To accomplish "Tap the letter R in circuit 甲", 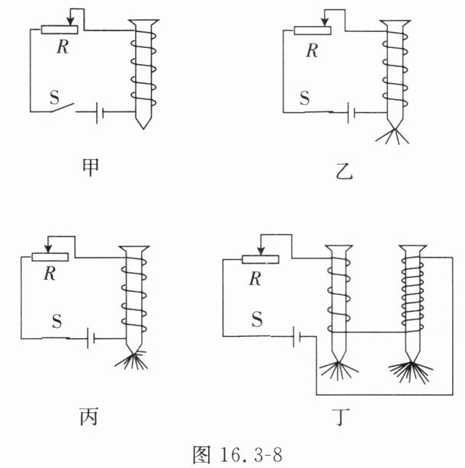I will pos(63,46).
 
